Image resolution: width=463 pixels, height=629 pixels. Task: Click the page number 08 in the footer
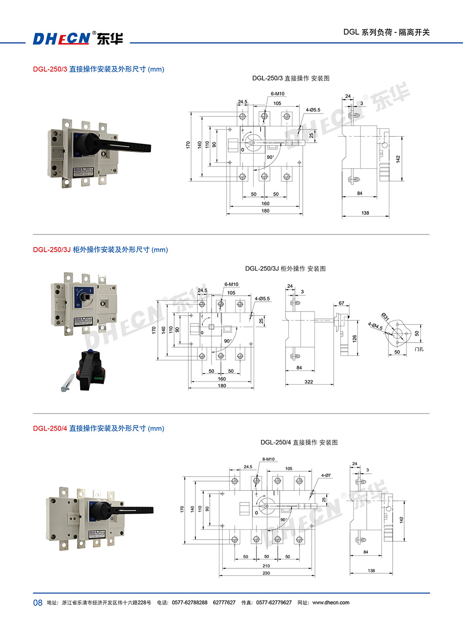(38, 603)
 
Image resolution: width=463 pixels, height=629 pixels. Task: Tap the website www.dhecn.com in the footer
(331, 603)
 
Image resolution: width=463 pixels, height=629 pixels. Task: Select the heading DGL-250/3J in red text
(51, 249)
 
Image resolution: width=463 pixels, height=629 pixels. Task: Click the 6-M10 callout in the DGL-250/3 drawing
(278, 94)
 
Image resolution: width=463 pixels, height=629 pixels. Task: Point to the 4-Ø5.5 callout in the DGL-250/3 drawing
(313, 110)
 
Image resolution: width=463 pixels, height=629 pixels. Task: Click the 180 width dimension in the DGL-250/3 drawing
(265, 211)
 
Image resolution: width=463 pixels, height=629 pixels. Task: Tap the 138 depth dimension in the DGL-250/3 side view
(365, 213)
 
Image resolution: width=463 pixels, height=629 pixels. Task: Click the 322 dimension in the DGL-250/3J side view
(309, 382)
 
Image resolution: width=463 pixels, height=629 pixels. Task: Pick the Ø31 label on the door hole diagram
(385, 317)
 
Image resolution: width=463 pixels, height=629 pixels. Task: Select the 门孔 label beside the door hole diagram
(419, 349)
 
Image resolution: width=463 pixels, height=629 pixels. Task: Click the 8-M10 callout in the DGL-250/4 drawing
(269, 459)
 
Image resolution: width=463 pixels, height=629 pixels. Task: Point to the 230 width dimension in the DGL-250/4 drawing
(266, 573)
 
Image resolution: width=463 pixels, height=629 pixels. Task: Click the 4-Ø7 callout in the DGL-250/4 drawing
(326, 475)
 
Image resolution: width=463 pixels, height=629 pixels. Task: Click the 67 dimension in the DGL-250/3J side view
(341, 303)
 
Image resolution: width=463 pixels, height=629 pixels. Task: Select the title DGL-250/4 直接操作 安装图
(299, 442)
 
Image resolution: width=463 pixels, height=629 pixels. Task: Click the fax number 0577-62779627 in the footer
(274, 603)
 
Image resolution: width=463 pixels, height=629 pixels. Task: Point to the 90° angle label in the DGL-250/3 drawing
(270, 157)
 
